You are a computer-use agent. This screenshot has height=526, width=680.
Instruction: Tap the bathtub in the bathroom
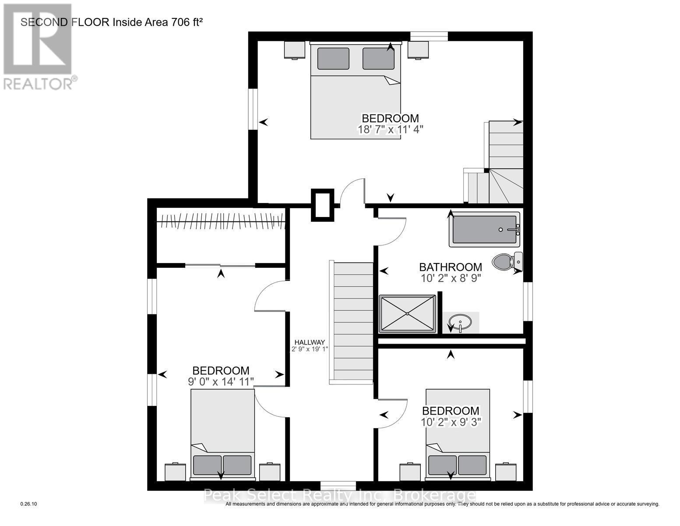[484, 229]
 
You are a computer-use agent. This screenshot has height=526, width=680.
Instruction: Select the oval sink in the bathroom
[460, 322]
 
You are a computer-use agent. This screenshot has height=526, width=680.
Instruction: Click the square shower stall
[407, 313]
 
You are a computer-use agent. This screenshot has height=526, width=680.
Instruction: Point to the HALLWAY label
[310, 342]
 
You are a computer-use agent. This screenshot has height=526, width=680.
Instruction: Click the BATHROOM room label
[450, 267]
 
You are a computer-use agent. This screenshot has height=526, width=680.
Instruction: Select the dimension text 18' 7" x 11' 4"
[390, 130]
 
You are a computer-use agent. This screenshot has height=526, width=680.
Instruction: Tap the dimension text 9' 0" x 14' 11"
[221, 382]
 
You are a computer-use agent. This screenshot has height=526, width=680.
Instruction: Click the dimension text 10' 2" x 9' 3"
[450, 423]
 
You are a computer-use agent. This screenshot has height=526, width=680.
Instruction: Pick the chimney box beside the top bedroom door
[322, 205]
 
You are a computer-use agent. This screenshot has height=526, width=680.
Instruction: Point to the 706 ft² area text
[184, 22]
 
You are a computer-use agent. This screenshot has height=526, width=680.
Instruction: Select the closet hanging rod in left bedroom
[221, 220]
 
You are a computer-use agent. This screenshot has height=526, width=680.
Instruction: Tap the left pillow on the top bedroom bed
[333, 58]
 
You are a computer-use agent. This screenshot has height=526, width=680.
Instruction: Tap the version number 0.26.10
[29, 505]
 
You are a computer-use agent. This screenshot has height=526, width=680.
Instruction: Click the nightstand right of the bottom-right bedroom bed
[506, 473]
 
